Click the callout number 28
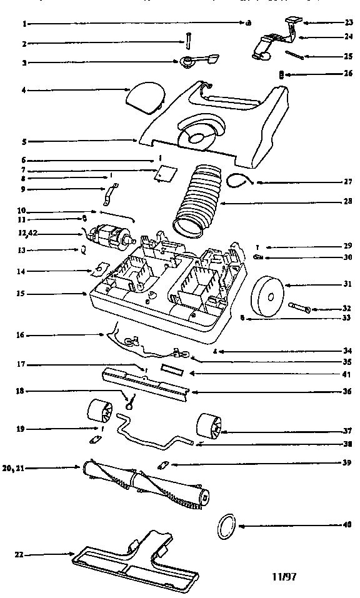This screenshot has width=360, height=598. click(x=348, y=201)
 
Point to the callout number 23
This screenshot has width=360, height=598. click(x=348, y=23)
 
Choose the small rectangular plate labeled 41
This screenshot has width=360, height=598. click(x=173, y=371)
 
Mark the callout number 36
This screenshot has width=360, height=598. click(x=348, y=392)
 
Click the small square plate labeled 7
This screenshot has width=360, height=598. click(x=164, y=173)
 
